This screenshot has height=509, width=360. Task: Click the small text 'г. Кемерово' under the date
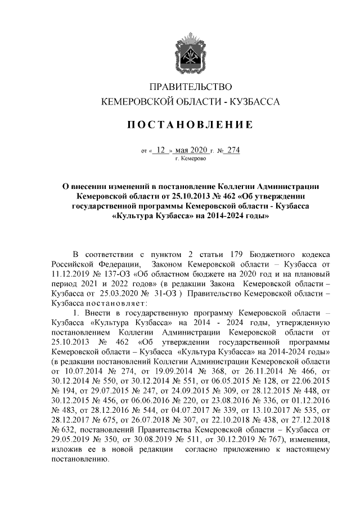point(191,159)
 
